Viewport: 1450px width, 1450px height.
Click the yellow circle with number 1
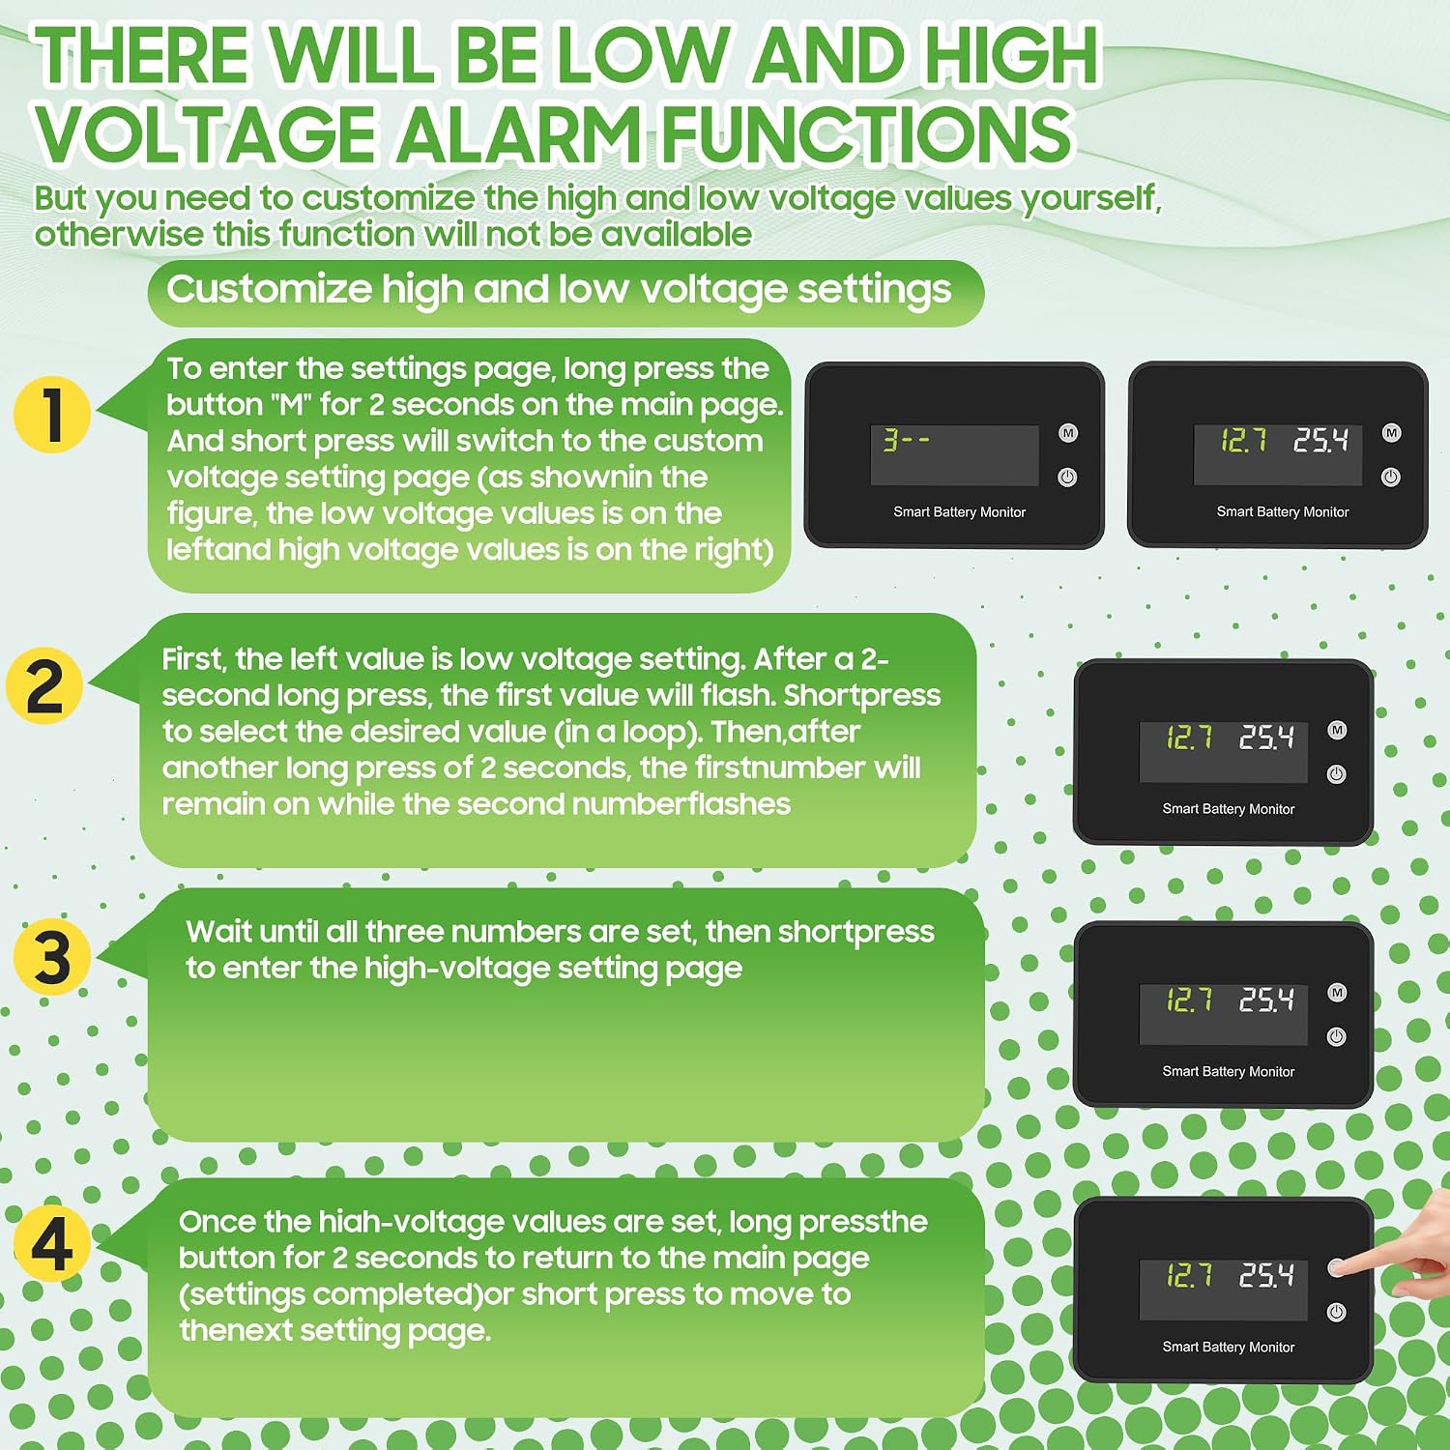(52, 415)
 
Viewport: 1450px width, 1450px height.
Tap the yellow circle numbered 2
(44, 685)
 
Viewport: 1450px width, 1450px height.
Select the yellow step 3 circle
(52, 957)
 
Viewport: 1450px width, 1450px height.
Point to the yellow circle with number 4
(52, 1243)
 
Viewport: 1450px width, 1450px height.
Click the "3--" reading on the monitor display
(906, 441)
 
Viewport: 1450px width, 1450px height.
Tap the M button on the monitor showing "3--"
(1068, 433)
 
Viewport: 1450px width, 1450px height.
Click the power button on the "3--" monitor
(1068, 477)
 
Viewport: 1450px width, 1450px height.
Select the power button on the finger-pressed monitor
(1337, 1312)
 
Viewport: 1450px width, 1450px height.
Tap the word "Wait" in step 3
(218, 932)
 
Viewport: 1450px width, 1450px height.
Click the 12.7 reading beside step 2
(1190, 739)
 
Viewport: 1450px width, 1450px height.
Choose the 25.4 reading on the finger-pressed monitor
(1267, 1275)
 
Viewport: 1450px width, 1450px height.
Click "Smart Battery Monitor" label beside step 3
(1229, 1071)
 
